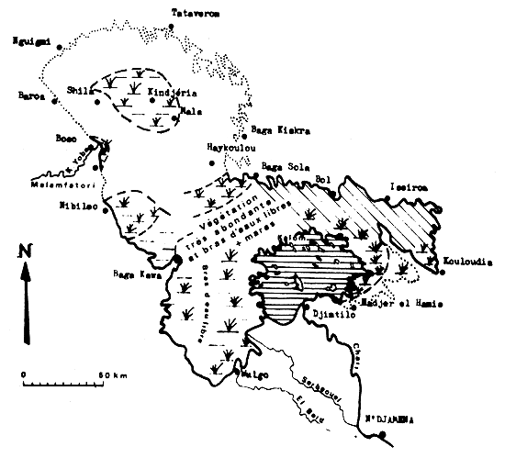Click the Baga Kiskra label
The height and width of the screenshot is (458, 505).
pyautogui.click(x=280, y=129)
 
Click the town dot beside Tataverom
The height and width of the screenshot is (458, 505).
pyautogui.click(x=174, y=28)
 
